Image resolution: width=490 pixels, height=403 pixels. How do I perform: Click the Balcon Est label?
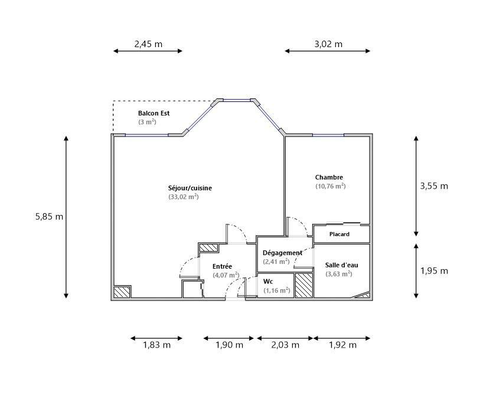coord(153,113)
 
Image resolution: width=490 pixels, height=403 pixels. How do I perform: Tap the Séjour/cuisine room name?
coord(190,188)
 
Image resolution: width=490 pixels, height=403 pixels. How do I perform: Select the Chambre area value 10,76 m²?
coord(331,186)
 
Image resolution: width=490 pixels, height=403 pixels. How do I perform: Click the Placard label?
coord(339,234)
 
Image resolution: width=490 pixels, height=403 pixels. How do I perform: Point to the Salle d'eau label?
coord(342,265)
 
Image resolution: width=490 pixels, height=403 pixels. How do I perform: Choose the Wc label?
coord(268,282)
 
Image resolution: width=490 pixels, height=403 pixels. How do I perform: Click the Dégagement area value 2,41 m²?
coord(276,262)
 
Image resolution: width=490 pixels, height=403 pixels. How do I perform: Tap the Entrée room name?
coord(222,266)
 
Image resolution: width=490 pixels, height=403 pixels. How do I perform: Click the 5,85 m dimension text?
coord(49,216)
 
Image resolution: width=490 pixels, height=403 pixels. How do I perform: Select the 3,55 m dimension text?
coord(434,186)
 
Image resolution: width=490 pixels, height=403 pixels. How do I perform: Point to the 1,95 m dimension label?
coord(434,271)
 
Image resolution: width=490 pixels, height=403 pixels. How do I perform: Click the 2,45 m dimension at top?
coord(148,44)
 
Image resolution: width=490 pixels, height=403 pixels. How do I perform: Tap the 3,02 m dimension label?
coord(328,44)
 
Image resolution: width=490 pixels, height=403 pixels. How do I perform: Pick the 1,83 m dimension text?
coord(156,345)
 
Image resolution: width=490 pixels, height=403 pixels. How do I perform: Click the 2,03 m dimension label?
coord(285,345)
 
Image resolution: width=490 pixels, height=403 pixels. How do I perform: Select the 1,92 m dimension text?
coord(342,345)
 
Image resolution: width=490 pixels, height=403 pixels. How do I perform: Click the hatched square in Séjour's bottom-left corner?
coord(122,292)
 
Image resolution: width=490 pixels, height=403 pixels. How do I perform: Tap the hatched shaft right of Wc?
coord(304,285)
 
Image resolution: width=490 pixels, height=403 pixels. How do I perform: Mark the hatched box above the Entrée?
coord(208,247)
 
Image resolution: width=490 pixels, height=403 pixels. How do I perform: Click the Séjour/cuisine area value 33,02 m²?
coord(184,197)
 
